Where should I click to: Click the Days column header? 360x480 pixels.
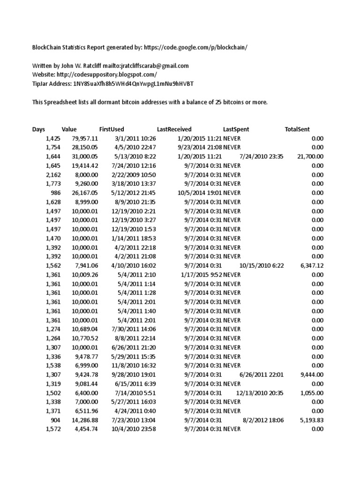point(39,129)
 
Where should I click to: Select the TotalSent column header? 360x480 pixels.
point(297,129)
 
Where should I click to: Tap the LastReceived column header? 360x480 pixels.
point(174,129)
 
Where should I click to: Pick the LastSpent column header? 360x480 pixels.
point(236,129)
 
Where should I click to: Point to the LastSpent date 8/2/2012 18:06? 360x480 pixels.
point(263,420)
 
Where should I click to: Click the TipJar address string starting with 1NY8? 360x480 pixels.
point(133,83)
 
